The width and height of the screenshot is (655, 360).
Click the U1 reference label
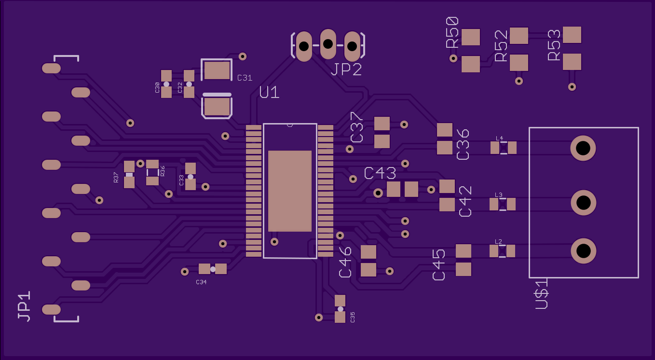[269, 92]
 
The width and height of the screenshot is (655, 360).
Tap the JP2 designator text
[346, 70]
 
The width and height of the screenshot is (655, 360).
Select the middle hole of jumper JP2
[328, 44]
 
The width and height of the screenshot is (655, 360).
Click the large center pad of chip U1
[289, 191]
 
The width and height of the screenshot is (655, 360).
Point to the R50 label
[452, 32]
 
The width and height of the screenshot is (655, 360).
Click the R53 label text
[554, 45]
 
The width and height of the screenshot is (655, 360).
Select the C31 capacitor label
[245, 78]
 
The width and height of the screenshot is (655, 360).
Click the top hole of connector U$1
[583, 148]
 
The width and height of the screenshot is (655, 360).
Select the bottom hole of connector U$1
[583, 250]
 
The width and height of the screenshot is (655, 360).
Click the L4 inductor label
[499, 138]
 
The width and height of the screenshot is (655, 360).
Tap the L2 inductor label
[498, 241]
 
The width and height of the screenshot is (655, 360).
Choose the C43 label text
[380, 173]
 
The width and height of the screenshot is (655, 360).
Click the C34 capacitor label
[201, 282]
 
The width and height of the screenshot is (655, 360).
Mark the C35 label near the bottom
[353, 317]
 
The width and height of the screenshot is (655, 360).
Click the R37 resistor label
[116, 178]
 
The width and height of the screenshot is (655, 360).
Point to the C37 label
[356, 127]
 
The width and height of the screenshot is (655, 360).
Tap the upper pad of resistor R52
[519, 36]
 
